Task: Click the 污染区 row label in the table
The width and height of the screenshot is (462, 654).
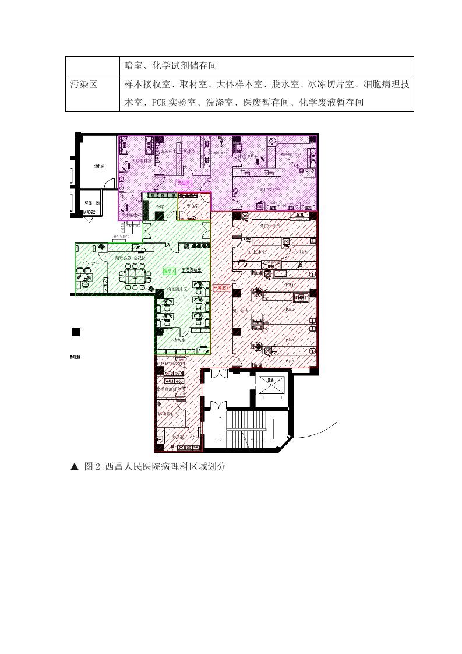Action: (x=83, y=85)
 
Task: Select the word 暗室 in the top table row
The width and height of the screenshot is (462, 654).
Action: (x=133, y=65)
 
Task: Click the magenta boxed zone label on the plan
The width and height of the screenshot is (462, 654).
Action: (x=184, y=182)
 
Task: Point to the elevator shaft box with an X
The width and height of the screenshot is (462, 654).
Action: (x=271, y=384)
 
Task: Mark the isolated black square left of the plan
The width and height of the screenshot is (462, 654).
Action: (x=75, y=332)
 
